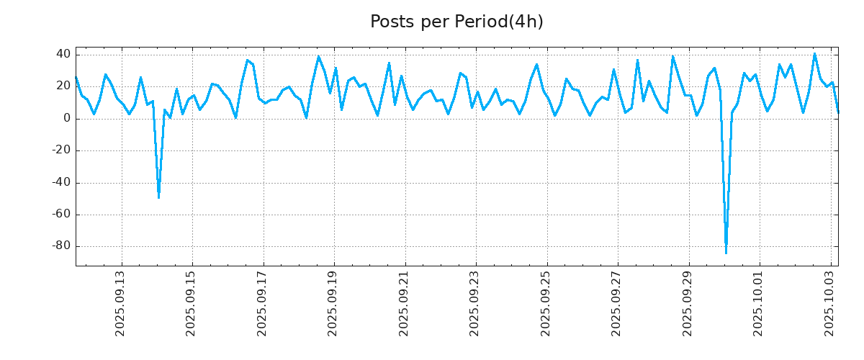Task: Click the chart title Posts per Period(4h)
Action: (x=456, y=22)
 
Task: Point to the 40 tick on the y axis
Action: (x=63, y=54)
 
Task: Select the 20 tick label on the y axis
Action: (x=63, y=86)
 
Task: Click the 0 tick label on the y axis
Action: (x=66, y=118)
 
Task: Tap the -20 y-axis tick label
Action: (x=60, y=150)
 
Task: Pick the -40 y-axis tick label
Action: (x=60, y=182)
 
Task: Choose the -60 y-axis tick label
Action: (x=60, y=215)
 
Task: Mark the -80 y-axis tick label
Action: (x=60, y=246)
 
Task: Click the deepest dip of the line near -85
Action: (x=726, y=253)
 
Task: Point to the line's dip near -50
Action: (x=158, y=197)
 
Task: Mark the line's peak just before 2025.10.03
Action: (x=814, y=53)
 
